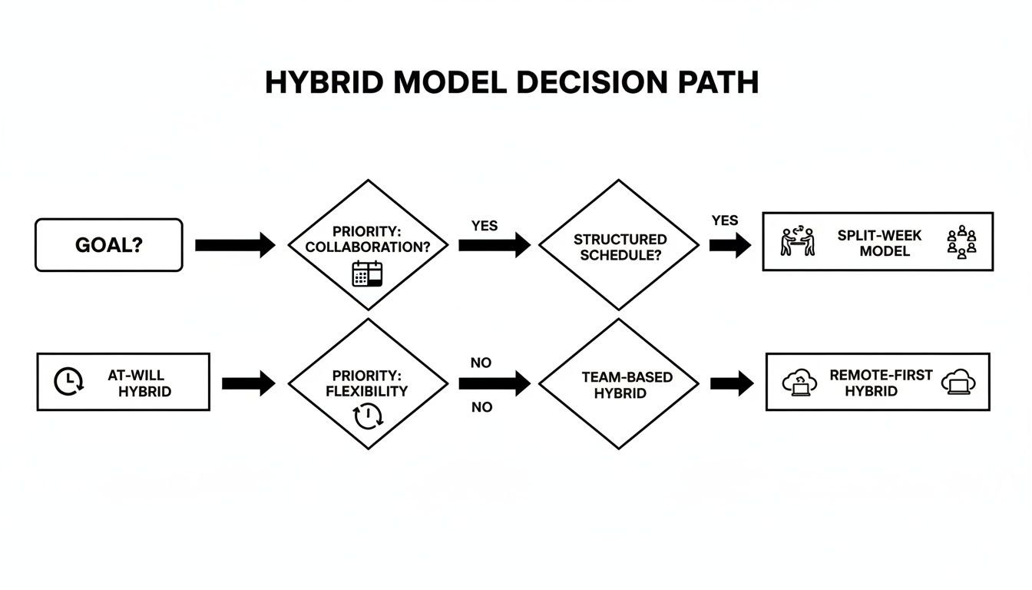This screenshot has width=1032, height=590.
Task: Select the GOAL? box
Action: pos(109,245)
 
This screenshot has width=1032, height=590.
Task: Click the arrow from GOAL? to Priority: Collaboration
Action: pos(234,245)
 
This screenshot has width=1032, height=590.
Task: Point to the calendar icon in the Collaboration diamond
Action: pos(367,274)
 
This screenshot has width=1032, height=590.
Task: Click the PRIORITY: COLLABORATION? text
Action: pos(368,239)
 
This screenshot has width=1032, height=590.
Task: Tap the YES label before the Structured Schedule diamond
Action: pos(484,226)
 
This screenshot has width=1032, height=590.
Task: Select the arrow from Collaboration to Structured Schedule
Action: pos(494,245)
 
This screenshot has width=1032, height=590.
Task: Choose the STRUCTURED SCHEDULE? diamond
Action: pos(619,246)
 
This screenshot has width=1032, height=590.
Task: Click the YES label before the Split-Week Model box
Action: pos(724,220)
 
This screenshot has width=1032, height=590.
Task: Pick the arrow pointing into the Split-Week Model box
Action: pos(729,245)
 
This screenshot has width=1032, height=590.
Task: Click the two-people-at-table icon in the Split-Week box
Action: pos(797,241)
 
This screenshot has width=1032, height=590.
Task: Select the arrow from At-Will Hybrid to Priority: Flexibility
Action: pos(248,383)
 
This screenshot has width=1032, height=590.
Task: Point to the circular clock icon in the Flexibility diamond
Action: pos(367,416)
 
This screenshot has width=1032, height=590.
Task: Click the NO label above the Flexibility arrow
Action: pos(481,363)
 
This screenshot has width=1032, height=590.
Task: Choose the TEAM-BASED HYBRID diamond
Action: pos(619,384)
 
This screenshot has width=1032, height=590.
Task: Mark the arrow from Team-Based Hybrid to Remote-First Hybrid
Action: pos(731,383)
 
